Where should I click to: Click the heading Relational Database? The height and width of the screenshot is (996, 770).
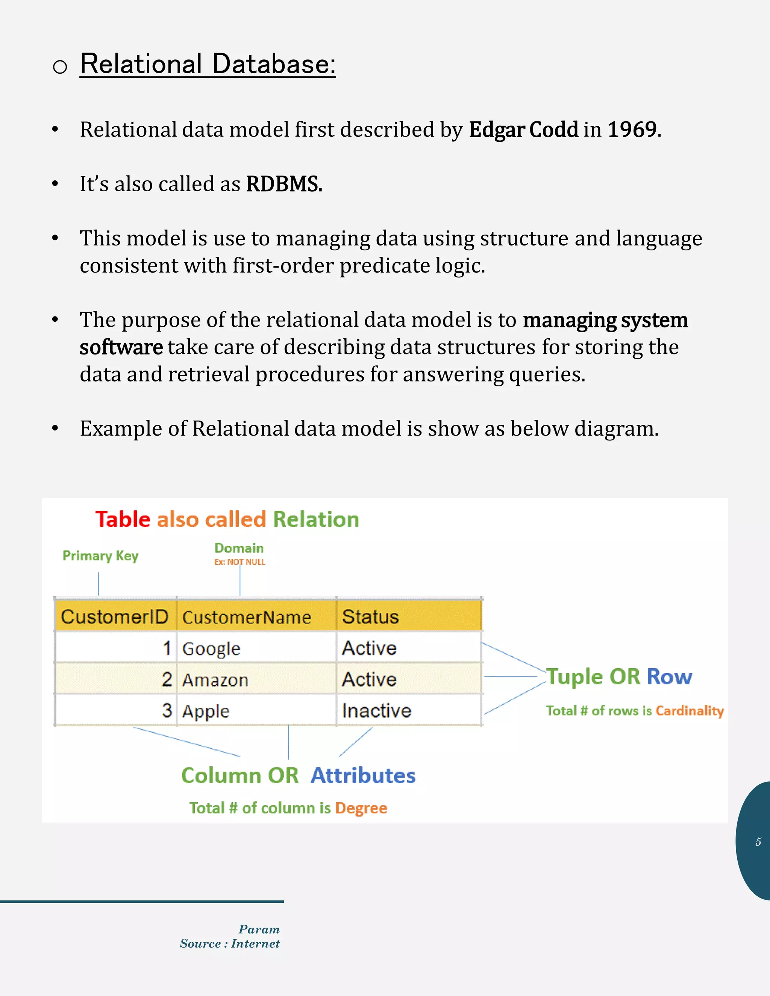208,64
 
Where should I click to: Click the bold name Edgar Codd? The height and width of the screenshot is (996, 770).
523,130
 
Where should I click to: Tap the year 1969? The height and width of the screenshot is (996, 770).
632,130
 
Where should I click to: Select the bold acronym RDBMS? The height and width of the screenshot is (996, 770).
284,184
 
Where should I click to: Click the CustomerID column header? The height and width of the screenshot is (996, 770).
115,616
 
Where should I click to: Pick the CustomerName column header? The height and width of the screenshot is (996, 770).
247,618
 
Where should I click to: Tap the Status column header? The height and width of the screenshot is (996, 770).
370,616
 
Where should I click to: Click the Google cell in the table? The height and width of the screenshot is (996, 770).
211,648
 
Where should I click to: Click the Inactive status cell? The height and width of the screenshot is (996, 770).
377,710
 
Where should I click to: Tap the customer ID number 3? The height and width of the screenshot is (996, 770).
167,710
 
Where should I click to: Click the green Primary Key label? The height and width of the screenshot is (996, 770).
100,556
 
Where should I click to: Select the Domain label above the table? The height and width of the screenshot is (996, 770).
239,548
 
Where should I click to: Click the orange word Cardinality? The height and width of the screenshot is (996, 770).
689,710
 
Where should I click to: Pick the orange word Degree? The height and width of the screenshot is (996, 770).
361,808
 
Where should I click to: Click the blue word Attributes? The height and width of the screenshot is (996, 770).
363,775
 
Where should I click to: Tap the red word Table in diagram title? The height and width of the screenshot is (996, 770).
123,519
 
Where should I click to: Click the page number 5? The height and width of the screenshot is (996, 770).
758,842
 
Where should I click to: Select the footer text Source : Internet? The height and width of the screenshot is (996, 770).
229,943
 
